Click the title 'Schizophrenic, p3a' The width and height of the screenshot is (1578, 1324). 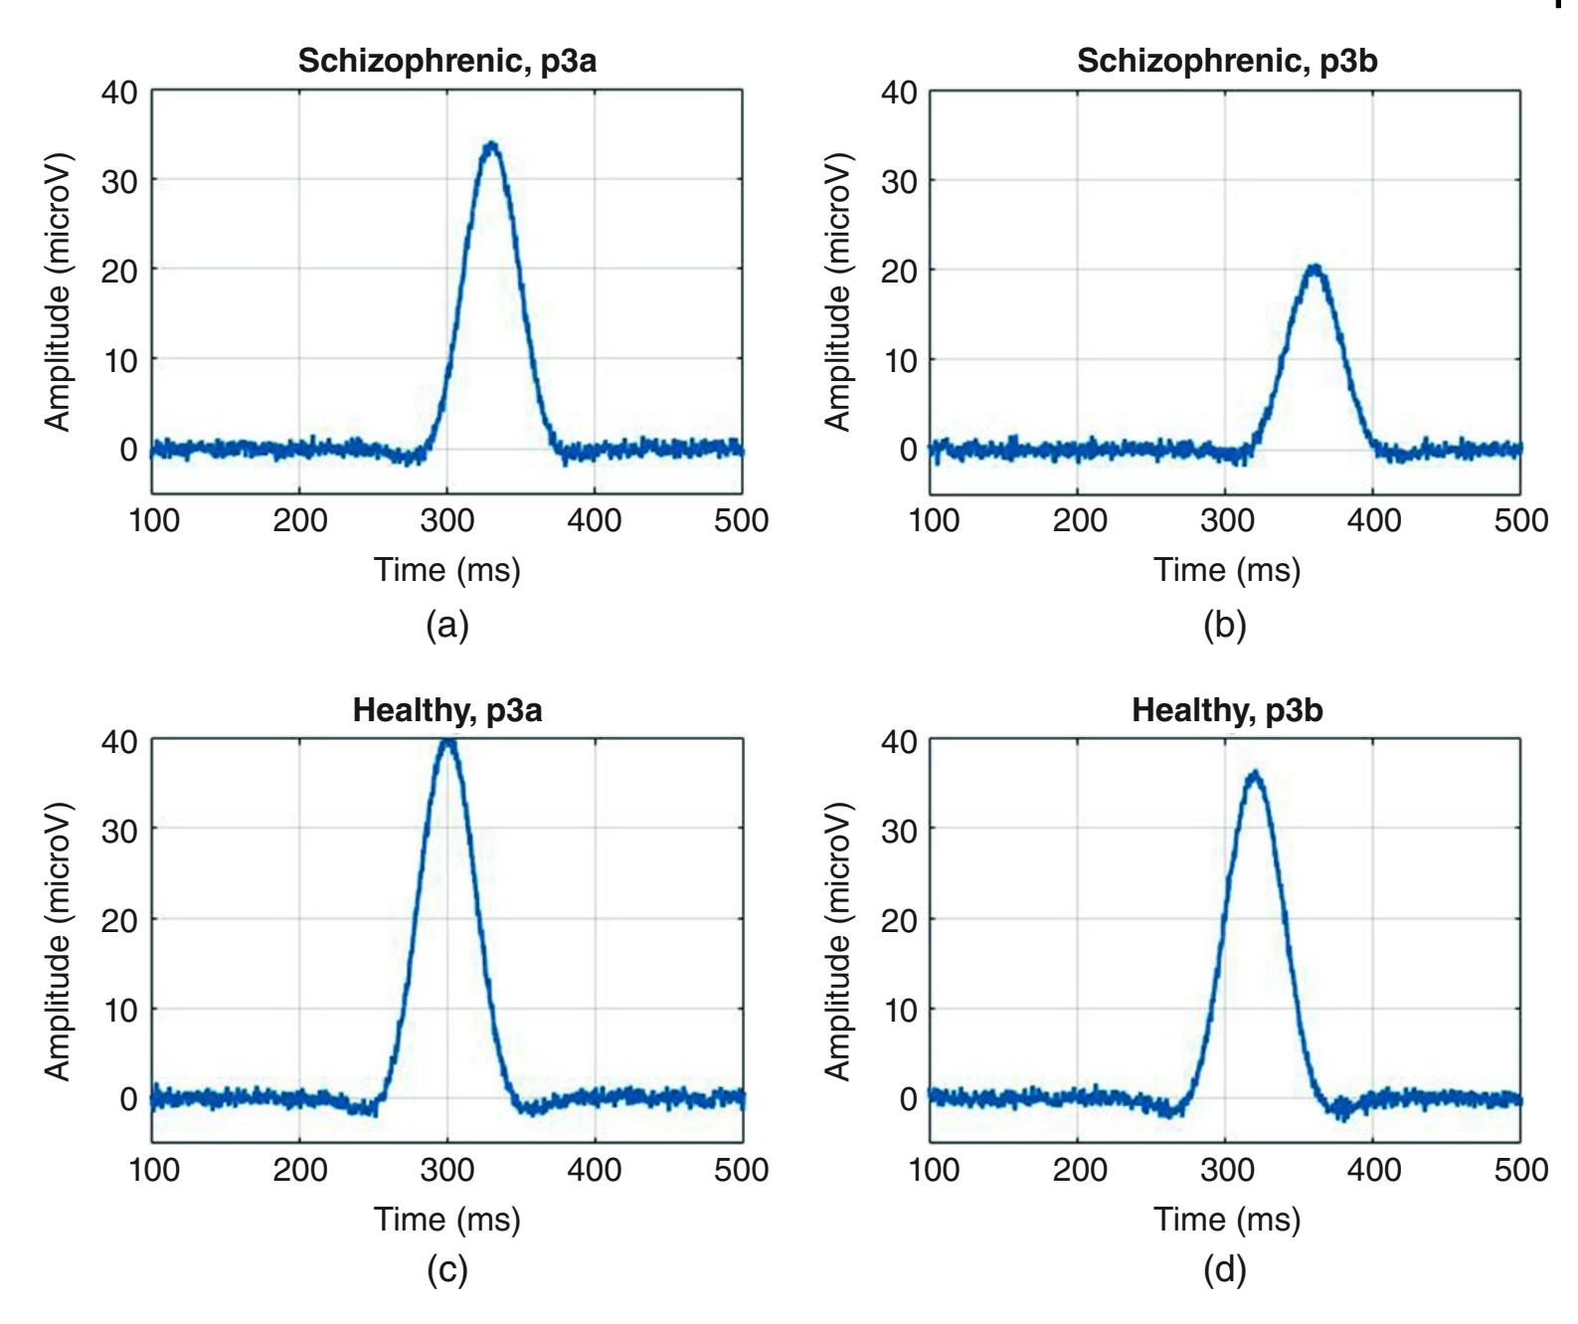pos(447,62)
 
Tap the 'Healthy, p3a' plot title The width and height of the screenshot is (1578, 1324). pos(447,711)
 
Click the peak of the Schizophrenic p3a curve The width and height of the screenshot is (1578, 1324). pos(490,144)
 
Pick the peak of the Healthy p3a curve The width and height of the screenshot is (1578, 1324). pos(447,740)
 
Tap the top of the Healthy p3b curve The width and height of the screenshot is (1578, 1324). pos(1255,773)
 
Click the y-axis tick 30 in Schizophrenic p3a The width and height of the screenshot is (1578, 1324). pos(119,180)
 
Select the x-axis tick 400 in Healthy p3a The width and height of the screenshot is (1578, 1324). pos(595,1169)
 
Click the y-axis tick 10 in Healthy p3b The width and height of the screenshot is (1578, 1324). pos(899,1009)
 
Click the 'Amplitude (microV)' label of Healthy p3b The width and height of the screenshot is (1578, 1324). pos(840,939)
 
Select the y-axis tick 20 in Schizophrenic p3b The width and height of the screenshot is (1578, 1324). pos(899,270)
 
